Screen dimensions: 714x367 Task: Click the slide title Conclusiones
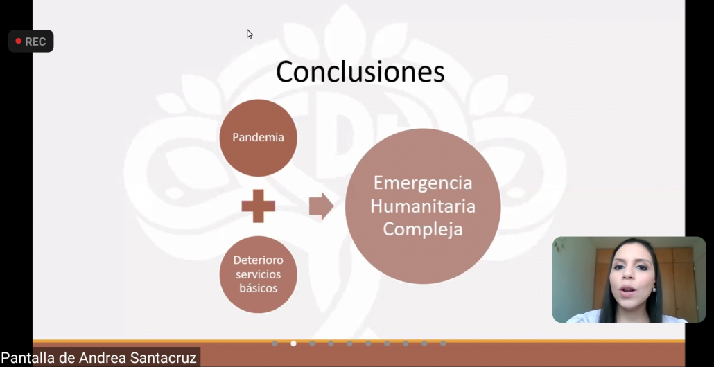tap(360, 72)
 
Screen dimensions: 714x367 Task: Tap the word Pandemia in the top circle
tap(258, 137)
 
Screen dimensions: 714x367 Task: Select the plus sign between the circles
tap(258, 206)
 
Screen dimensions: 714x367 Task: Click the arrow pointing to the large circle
tap(322, 206)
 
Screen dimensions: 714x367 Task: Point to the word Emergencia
tap(423, 183)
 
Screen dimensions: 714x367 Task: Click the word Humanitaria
tap(423, 206)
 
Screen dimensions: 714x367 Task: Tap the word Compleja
tap(423, 229)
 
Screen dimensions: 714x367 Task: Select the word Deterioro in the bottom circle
tap(258, 260)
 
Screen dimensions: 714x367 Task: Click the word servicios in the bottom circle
tap(258, 274)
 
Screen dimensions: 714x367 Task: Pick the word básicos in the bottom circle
tap(258, 288)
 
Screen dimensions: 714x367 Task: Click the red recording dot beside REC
tap(18, 42)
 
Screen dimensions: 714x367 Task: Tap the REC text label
tap(35, 42)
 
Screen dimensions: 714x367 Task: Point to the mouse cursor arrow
tap(250, 34)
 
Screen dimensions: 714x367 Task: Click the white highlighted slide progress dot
tap(293, 343)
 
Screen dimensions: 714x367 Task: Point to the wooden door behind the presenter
tap(674, 282)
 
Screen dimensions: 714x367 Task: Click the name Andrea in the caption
tap(103, 357)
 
